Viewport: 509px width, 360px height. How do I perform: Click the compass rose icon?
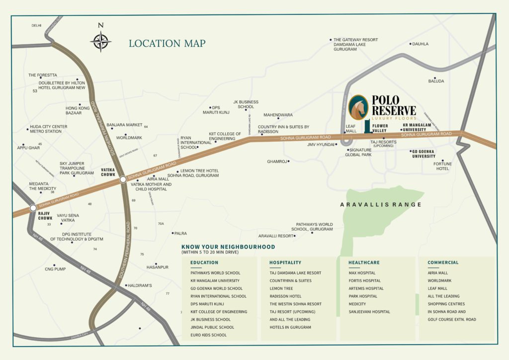[x=101, y=41]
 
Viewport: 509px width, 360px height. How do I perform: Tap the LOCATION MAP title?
[x=167, y=44]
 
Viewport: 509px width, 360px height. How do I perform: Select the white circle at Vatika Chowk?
[x=123, y=180]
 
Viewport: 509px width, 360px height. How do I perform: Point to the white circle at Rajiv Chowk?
[x=33, y=208]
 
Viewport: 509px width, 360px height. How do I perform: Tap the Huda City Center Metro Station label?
[x=49, y=129]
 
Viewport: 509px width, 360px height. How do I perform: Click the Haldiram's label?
[x=140, y=285]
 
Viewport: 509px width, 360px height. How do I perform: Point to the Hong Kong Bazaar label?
[x=78, y=110]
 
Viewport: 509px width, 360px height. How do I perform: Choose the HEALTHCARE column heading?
[x=364, y=262]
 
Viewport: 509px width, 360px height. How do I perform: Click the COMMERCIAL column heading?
[x=443, y=262]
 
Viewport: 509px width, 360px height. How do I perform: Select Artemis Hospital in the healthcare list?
[x=366, y=288]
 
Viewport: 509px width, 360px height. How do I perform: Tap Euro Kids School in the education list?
[x=208, y=335]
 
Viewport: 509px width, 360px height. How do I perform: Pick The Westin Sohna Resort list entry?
[x=295, y=304]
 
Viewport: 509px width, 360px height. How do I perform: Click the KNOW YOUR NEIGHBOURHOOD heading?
[x=228, y=247]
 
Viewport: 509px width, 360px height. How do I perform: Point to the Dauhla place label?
[x=420, y=44]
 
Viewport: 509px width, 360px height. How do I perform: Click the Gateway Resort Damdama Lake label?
[x=355, y=45]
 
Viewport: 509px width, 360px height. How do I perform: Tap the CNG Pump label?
[x=55, y=269]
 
